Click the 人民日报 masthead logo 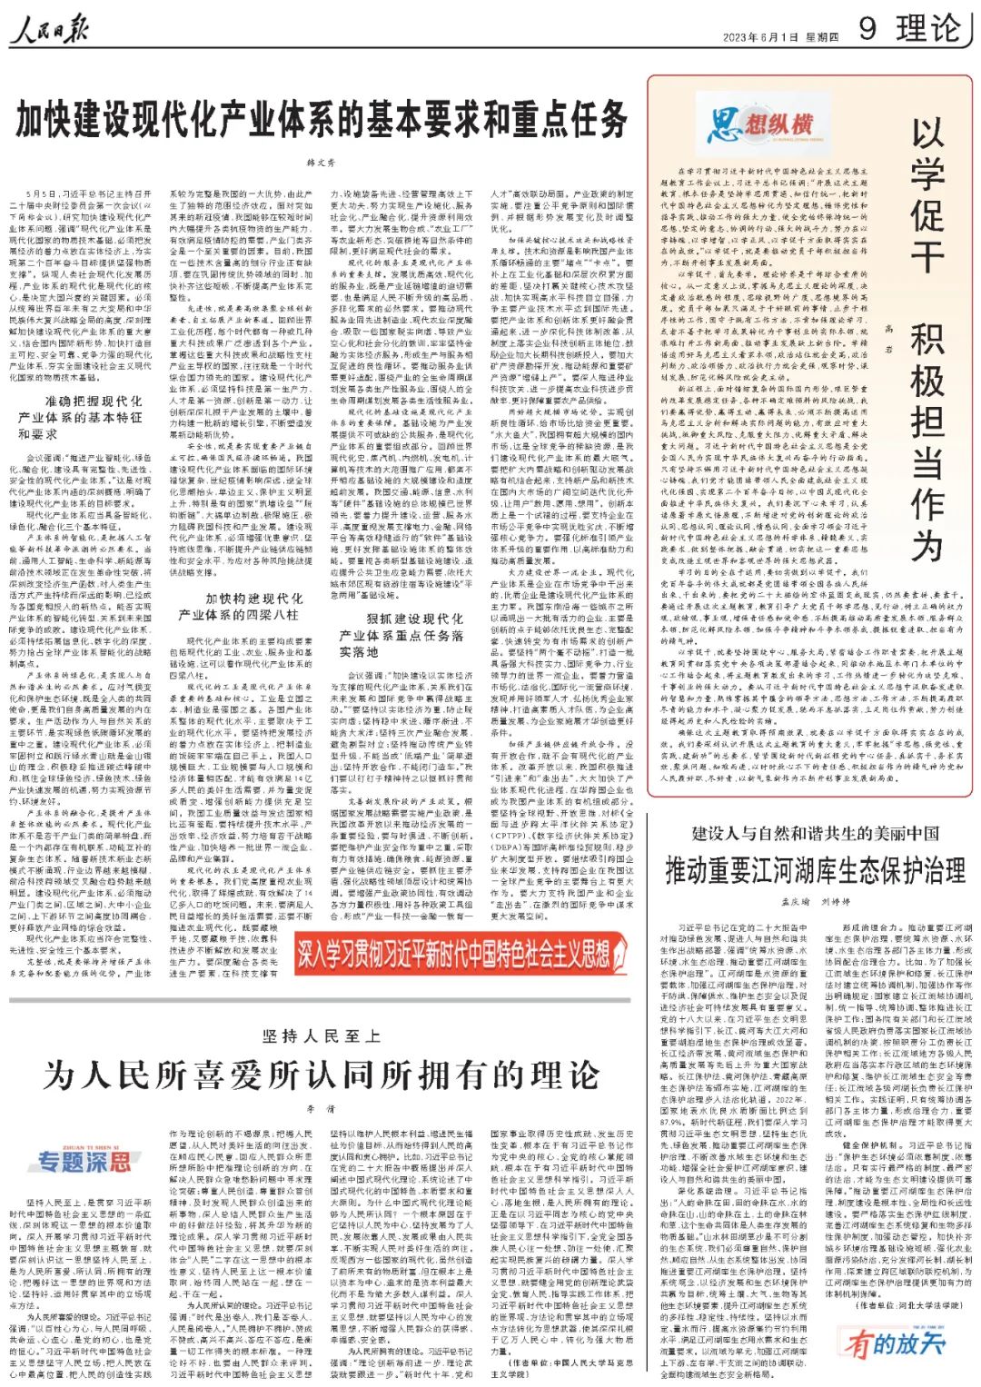coord(51,31)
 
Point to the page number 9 coord(867,28)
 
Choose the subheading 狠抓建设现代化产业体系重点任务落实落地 coord(402,634)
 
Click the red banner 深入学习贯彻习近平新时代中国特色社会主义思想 coord(453,953)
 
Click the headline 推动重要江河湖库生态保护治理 coord(815,871)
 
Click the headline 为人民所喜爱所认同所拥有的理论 coord(321,1075)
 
